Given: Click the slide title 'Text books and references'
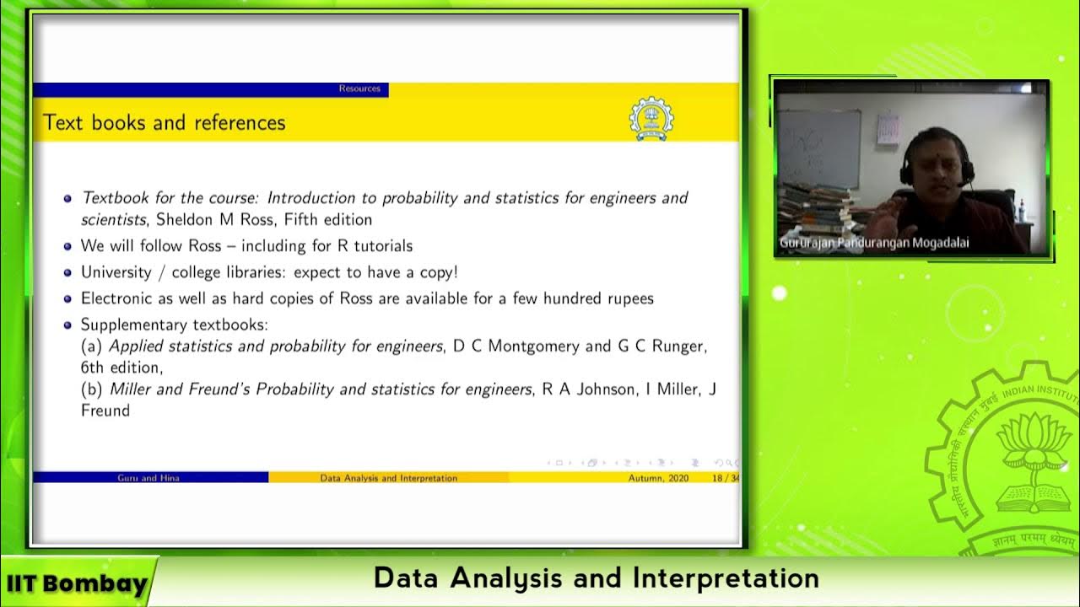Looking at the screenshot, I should coord(164,123).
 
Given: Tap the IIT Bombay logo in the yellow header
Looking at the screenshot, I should coord(651,119).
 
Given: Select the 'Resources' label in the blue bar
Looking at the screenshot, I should coord(359,89).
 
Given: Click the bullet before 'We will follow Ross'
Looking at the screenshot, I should coord(67,247).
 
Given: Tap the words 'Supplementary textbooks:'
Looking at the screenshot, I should coord(173,325).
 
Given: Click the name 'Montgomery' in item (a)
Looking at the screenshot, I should coord(535,346).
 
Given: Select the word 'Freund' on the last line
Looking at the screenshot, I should coord(105,411).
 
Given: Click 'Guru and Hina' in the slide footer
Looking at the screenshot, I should coord(148,478).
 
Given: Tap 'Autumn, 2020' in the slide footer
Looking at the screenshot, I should coord(658,478).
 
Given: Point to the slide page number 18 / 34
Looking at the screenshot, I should coord(725,478).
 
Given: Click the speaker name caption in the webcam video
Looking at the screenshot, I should coord(873,243).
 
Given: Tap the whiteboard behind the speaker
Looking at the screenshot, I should coord(818,148).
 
